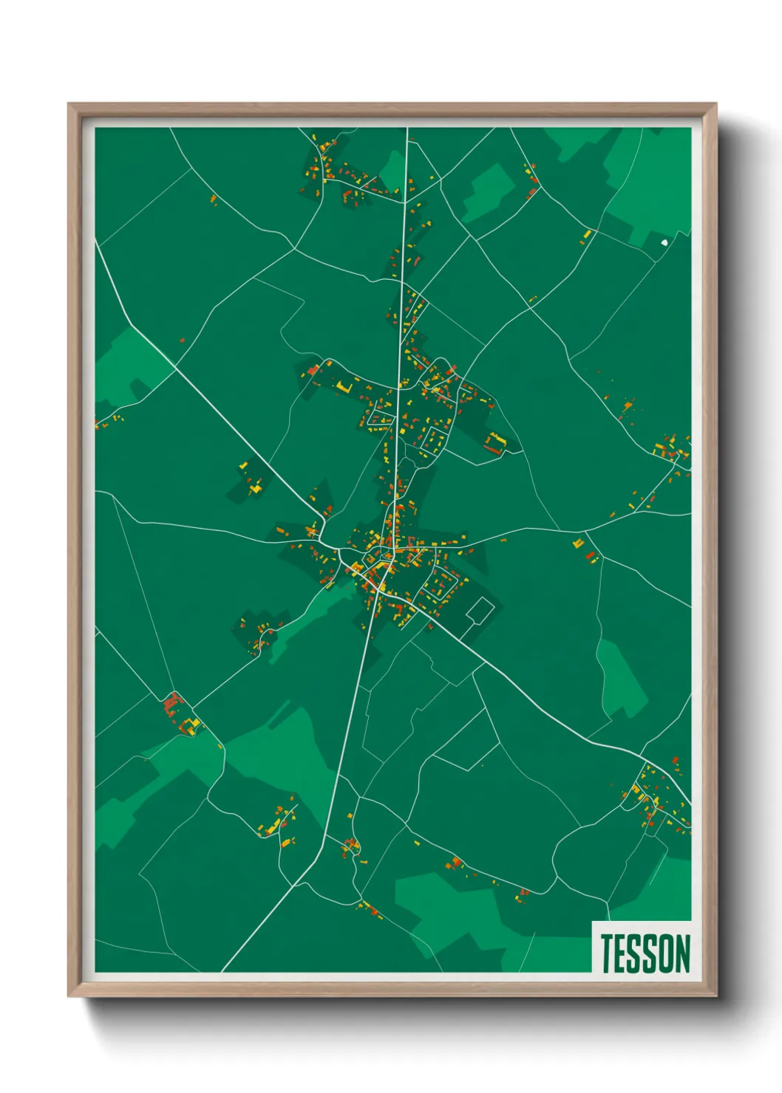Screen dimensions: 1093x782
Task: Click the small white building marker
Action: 664,241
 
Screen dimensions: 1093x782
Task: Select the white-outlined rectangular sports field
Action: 480,611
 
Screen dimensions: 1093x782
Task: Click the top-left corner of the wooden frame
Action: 69,104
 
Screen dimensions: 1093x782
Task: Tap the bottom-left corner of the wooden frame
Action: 69,996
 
